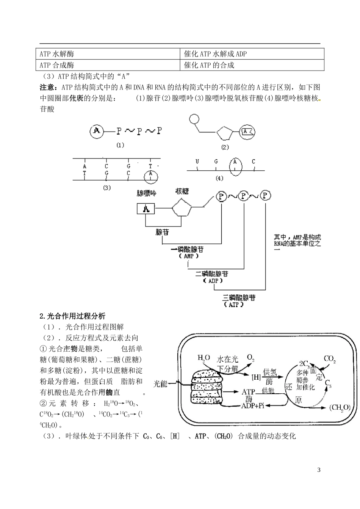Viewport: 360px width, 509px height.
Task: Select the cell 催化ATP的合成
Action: pyautogui.click(x=209, y=65)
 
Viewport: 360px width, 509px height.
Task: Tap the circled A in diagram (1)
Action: pyautogui.click(x=97, y=131)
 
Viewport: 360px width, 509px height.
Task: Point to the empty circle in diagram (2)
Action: pyautogui.click(x=194, y=119)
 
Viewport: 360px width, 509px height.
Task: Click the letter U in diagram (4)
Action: pyautogui.click(x=197, y=162)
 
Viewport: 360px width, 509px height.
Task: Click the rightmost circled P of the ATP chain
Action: pyautogui.click(x=266, y=196)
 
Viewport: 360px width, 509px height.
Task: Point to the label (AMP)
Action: pyautogui.click(x=189, y=256)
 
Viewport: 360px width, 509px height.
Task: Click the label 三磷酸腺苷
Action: pyautogui.click(x=239, y=298)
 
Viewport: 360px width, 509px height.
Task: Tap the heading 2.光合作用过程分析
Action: pyautogui.click(x=73, y=316)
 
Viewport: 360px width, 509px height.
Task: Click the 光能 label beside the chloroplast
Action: pyautogui.click(x=160, y=384)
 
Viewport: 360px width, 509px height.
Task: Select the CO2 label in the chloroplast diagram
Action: pyautogui.click(x=329, y=359)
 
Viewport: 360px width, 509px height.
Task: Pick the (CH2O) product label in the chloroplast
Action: pyautogui.click(x=340, y=408)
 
